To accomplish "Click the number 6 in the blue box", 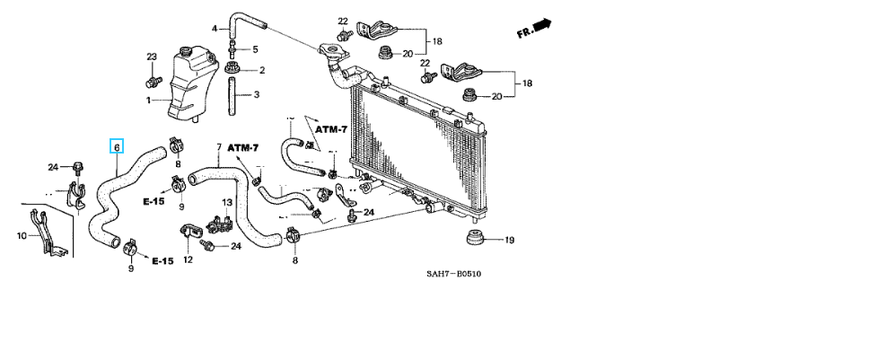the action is pyautogui.click(x=117, y=147).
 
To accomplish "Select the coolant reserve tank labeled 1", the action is pyautogui.click(x=193, y=84).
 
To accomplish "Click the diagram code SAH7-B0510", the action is pyautogui.click(x=453, y=274).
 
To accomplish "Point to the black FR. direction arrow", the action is pyautogui.click(x=542, y=25).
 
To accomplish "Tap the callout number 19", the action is pyautogui.click(x=509, y=241).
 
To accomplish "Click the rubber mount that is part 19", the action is pyautogui.click(x=478, y=238).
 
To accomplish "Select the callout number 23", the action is pyautogui.click(x=152, y=57).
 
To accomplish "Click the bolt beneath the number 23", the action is pyautogui.click(x=152, y=81).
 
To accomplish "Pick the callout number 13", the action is pyautogui.click(x=226, y=202).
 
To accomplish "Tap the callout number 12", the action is pyautogui.click(x=188, y=259).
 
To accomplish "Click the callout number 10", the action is pyautogui.click(x=22, y=236).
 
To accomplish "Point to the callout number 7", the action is pyautogui.click(x=219, y=147).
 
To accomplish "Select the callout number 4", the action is pyautogui.click(x=215, y=28).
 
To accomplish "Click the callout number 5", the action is pyautogui.click(x=255, y=49).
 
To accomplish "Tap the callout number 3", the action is pyautogui.click(x=256, y=94).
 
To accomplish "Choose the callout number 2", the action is pyautogui.click(x=261, y=71).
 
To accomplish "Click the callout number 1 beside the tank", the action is pyautogui.click(x=149, y=100).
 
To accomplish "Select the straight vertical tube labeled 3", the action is pyautogui.click(x=232, y=97).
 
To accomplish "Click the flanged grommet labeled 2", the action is pyautogui.click(x=231, y=68).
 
